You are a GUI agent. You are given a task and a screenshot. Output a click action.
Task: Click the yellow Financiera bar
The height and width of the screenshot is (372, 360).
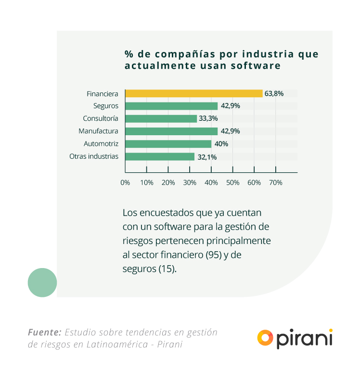(x=193, y=93)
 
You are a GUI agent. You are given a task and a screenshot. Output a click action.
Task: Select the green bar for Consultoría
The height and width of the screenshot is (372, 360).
(x=161, y=118)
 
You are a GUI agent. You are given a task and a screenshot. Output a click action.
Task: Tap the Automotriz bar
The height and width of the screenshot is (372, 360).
(x=168, y=144)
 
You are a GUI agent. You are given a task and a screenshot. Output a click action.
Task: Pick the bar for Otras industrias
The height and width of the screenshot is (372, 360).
(x=159, y=156)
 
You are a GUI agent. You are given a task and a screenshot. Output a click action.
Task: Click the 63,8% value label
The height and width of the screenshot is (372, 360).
(x=274, y=93)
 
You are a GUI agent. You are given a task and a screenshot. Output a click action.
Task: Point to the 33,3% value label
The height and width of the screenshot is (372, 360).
(x=208, y=118)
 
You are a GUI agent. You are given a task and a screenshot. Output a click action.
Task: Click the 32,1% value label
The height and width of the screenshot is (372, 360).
(x=206, y=157)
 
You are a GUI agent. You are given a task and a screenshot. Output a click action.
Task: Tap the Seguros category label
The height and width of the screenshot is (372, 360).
(x=106, y=106)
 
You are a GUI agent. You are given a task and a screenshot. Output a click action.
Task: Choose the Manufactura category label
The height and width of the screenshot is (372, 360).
(x=98, y=131)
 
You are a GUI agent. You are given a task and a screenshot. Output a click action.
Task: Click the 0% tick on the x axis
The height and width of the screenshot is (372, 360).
(x=125, y=183)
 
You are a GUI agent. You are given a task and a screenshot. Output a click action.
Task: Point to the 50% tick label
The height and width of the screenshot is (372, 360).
(x=232, y=183)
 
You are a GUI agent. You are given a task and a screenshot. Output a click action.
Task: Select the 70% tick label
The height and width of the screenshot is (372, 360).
(x=275, y=183)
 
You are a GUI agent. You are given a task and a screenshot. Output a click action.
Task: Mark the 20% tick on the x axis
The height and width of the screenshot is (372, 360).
(x=168, y=183)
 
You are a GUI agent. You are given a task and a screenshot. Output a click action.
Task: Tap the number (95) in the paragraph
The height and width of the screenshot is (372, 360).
(x=213, y=255)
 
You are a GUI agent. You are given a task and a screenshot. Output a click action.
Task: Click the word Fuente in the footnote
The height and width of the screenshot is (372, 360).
(x=44, y=332)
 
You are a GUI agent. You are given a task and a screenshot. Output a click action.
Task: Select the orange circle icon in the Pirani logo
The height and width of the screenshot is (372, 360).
(x=265, y=337)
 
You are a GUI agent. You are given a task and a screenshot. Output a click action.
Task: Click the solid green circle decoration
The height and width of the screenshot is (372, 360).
(x=42, y=282)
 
